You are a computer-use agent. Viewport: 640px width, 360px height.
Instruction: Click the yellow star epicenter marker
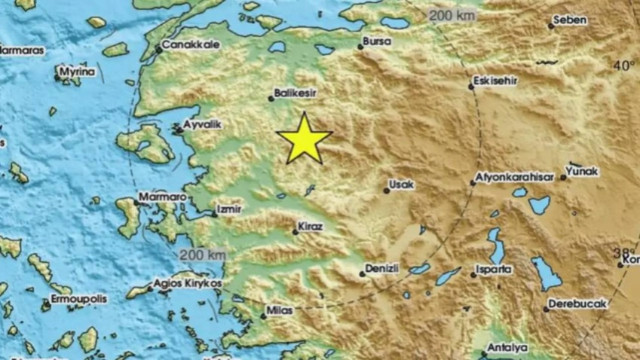point(303,139)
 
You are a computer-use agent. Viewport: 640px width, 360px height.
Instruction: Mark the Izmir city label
point(229,210)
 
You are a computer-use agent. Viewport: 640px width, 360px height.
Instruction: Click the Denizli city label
point(382,270)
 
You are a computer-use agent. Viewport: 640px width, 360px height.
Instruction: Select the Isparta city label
point(495,270)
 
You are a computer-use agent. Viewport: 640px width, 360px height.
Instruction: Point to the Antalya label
point(502,348)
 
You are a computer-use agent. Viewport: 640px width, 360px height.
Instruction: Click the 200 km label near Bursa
point(451,16)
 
